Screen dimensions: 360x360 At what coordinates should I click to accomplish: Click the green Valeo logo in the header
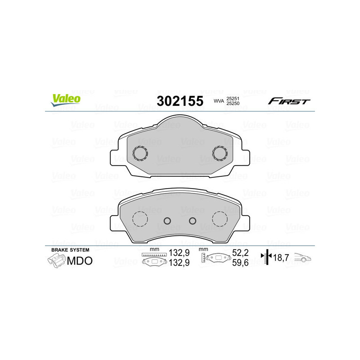pos(66,100)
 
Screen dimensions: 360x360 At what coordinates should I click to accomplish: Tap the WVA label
pos(219,102)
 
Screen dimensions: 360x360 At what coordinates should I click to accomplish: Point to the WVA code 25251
pos(232,98)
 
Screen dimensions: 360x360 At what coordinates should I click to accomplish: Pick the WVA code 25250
pos(232,104)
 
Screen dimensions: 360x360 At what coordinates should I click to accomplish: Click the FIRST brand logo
pos(289,101)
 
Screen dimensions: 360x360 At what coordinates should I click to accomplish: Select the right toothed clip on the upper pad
pos(220,153)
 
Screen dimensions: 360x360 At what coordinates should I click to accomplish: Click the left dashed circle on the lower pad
pos(140,219)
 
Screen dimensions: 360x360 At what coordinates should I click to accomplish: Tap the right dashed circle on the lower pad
pos(220,219)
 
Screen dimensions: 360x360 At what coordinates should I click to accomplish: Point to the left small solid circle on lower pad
pos(167,220)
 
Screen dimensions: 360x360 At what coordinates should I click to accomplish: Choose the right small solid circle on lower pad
pos(193,220)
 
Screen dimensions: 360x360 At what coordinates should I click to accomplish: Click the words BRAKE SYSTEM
pos(70,250)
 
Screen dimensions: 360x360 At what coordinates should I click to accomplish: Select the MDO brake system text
pos(80,261)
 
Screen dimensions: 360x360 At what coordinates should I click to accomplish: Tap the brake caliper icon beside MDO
pos(56,261)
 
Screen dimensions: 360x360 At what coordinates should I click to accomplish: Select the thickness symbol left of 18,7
pos(267,257)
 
